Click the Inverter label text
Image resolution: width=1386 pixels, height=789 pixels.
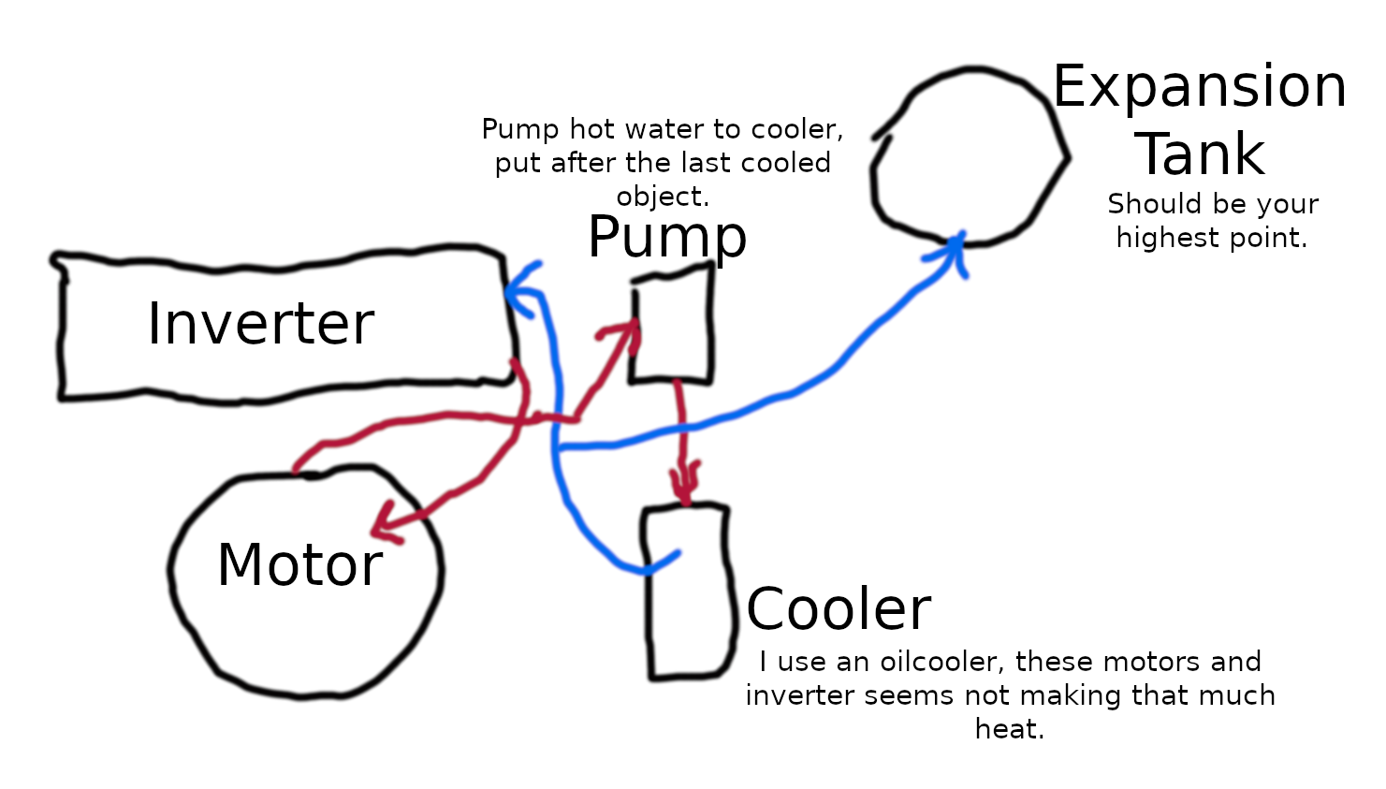pyautogui.click(x=261, y=324)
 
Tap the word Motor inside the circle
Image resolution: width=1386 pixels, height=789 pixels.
pyautogui.click(x=299, y=565)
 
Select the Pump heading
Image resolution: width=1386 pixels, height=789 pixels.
pyautogui.click(x=667, y=238)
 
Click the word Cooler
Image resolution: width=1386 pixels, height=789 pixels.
pyautogui.click(x=839, y=609)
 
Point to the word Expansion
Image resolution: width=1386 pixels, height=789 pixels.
pyautogui.click(x=1200, y=87)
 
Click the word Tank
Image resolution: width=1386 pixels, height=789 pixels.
pyautogui.click(x=1200, y=154)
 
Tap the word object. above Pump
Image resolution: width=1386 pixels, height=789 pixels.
pyautogui.click(x=663, y=197)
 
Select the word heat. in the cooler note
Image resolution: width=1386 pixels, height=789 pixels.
pyautogui.click(x=1009, y=729)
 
